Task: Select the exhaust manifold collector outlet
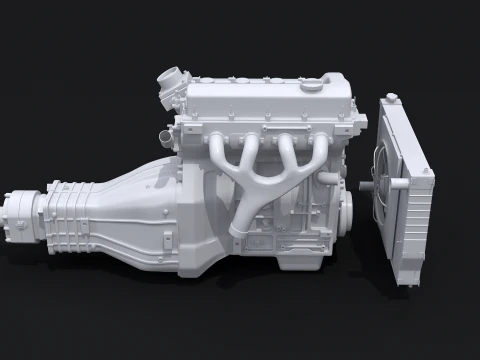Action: (238, 232)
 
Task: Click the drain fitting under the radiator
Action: (408, 285)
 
